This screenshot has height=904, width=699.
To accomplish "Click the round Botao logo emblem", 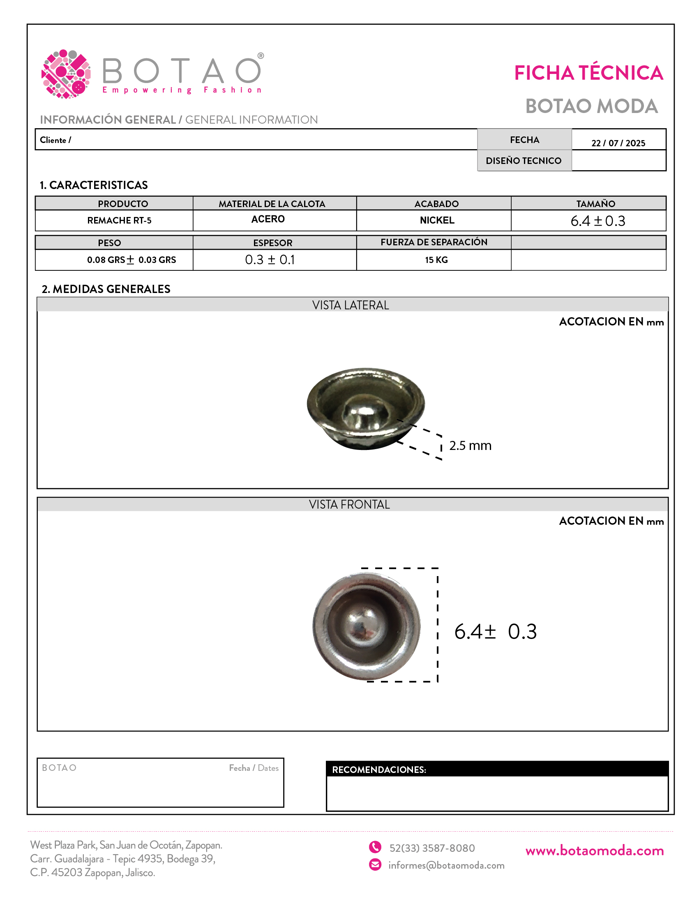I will click(66, 74).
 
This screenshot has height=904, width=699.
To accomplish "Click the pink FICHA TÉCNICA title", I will click(588, 73).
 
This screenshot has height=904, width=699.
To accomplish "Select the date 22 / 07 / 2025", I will click(618, 143).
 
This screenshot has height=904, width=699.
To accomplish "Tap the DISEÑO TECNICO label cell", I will click(524, 161).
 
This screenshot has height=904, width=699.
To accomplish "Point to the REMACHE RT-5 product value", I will click(119, 220).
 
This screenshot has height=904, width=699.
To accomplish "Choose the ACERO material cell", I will click(268, 219).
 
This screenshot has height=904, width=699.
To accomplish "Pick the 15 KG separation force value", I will click(436, 260).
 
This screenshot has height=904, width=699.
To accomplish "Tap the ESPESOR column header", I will click(273, 243).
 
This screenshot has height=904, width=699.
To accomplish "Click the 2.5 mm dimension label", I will click(470, 445).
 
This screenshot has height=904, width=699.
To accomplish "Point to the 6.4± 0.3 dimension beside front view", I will click(496, 632).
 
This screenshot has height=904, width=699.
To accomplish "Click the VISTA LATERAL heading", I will click(350, 305).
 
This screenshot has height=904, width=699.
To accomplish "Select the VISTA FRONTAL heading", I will click(349, 505).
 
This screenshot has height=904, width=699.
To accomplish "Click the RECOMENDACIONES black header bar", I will click(497, 770).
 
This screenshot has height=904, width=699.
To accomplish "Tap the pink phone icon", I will click(375, 847).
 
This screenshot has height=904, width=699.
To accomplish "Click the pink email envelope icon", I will click(375, 865).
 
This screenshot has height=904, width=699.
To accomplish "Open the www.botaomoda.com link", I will click(594, 851).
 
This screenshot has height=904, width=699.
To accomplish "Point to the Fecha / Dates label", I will click(254, 768).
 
